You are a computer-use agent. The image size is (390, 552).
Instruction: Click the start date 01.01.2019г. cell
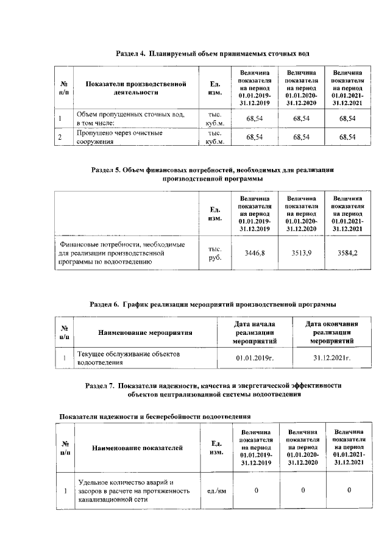(255, 358)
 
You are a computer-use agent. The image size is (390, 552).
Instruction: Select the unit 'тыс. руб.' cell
(214, 253)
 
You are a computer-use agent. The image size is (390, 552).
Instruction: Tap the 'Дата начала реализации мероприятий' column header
(255, 332)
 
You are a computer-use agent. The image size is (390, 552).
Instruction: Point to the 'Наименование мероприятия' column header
(145, 333)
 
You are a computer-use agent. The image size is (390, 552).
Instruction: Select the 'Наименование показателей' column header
(138, 448)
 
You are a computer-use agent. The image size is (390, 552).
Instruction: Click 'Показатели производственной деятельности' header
(135, 88)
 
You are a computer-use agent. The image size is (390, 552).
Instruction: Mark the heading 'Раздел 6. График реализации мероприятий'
(213, 303)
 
